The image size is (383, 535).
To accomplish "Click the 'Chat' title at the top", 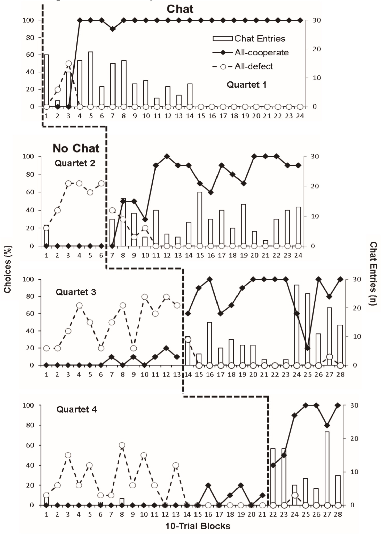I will click(180, 9).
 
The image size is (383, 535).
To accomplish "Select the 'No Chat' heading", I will click(76, 148).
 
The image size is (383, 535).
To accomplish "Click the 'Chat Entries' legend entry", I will click(260, 39).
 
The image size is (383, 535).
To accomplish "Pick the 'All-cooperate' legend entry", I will click(261, 52).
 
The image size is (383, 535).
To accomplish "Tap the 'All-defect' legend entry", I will click(254, 66).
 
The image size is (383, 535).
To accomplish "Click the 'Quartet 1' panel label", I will click(246, 85).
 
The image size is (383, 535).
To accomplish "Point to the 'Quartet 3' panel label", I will click(76, 292).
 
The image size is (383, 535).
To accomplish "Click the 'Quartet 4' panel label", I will click(76, 409).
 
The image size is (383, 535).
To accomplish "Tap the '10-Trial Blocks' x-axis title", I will click(198, 526).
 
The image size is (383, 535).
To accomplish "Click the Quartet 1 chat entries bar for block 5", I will click(91, 79).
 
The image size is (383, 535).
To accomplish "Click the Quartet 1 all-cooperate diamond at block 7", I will click(113, 29).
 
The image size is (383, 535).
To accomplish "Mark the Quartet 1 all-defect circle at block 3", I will click(69, 64).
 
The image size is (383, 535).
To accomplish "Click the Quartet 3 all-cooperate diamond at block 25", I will click(308, 348).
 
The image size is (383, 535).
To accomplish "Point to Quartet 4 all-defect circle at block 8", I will click(122, 445).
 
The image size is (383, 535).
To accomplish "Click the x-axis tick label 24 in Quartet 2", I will click(298, 255).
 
